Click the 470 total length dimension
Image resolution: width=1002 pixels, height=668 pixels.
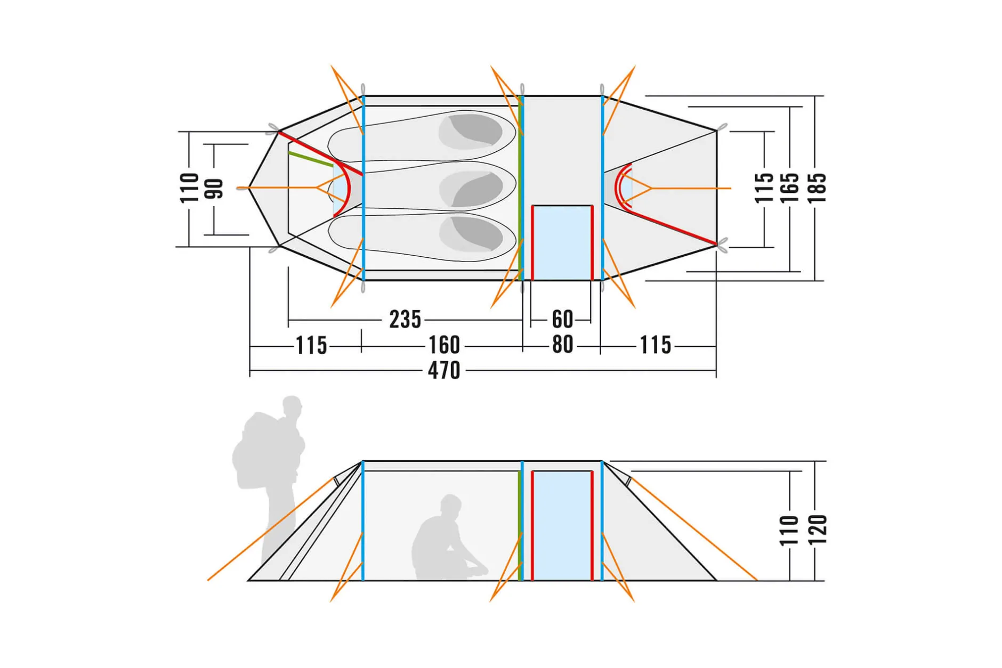[x=444, y=370]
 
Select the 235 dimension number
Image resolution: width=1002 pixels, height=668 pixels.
[x=405, y=320]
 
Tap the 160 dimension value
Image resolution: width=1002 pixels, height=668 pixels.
[x=445, y=345]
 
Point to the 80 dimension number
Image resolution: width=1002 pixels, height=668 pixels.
[x=563, y=345]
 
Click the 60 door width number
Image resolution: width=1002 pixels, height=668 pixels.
[x=563, y=320]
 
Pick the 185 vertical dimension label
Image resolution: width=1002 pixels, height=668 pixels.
[x=817, y=188]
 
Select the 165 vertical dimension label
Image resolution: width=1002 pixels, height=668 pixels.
[x=789, y=188]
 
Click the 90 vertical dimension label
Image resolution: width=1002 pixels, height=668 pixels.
[x=214, y=189]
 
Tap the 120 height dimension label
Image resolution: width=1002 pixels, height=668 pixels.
[x=818, y=530]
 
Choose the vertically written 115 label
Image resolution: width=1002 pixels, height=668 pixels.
[x=764, y=188]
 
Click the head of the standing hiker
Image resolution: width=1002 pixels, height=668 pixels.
[x=292, y=408]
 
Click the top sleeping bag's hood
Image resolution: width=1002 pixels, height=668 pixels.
[x=471, y=131]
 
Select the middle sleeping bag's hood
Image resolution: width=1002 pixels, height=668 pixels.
[x=471, y=189]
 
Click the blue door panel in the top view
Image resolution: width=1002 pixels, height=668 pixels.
[x=562, y=243]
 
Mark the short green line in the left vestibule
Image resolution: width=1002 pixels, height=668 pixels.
[x=311, y=159]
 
